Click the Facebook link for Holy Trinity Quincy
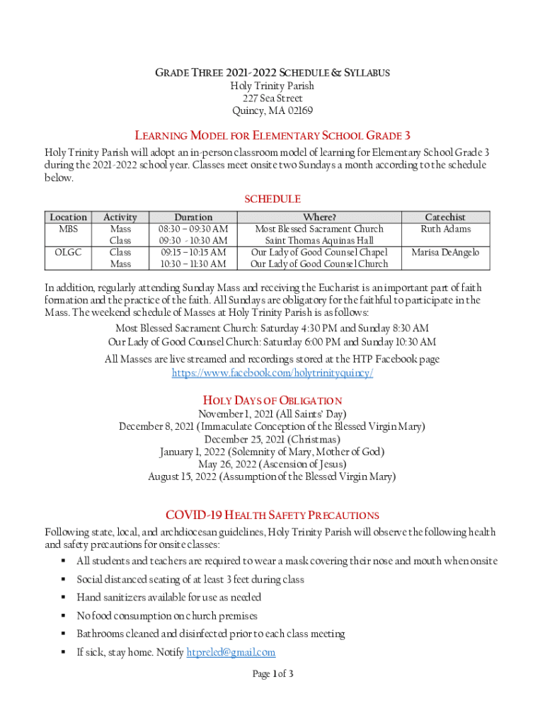tap(272, 373)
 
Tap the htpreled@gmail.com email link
tap(231, 653)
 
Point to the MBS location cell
tap(69, 229)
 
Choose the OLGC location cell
tap(69, 253)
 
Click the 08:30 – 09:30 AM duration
tap(193, 229)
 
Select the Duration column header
tap(193, 217)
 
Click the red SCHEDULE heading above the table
tap(272, 200)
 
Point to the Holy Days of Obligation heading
tap(272, 400)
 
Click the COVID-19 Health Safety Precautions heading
tap(272, 515)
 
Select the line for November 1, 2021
tap(272, 414)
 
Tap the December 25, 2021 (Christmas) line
tap(272, 440)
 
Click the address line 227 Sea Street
tap(272, 98)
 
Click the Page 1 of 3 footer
tap(272, 674)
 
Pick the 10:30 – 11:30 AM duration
tap(193, 264)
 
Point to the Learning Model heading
tap(272, 136)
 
